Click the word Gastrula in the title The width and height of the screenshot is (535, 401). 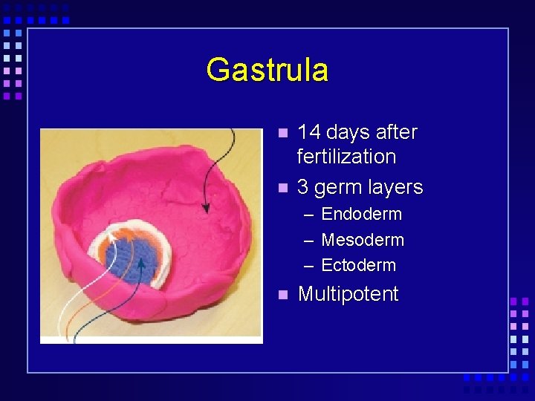click(267, 71)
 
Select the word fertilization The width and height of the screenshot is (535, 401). click(346, 157)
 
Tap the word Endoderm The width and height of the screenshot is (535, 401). click(361, 215)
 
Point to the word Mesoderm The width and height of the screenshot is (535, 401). click(363, 240)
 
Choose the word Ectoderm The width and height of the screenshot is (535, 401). click(358, 265)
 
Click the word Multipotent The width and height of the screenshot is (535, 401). click(348, 294)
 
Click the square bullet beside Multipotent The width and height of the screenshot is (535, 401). click(282, 295)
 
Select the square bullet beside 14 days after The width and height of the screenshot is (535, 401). click(282, 133)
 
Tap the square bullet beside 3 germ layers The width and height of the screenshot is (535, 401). click(282, 188)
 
